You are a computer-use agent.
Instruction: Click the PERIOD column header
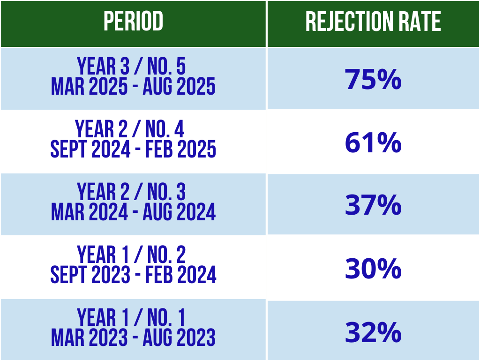[x=133, y=21]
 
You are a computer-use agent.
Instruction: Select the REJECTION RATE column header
[x=373, y=22]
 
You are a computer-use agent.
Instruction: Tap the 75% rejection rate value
[x=373, y=79]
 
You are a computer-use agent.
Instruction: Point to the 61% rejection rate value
[x=373, y=142]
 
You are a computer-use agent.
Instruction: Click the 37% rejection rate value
[x=373, y=205]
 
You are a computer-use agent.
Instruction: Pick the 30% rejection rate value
[x=373, y=268]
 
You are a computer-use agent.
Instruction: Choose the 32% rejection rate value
[x=373, y=332]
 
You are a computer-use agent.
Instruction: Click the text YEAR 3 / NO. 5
[x=131, y=66]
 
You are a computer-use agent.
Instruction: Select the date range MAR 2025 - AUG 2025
[x=133, y=86]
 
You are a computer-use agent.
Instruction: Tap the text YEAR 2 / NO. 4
[x=129, y=129]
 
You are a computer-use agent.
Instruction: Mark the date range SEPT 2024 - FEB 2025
[x=133, y=149]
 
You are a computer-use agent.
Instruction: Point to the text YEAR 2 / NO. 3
[x=131, y=192]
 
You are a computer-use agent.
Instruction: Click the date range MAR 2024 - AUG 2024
[x=133, y=212]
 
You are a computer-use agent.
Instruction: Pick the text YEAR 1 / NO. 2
[x=131, y=255]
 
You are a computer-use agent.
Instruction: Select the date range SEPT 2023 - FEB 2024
[x=133, y=275]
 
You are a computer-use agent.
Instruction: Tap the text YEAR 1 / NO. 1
[x=131, y=317]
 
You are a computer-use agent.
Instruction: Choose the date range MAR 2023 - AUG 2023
[x=133, y=337]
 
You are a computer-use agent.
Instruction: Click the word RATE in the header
[x=420, y=22]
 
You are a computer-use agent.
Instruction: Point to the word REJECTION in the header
[x=349, y=22]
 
